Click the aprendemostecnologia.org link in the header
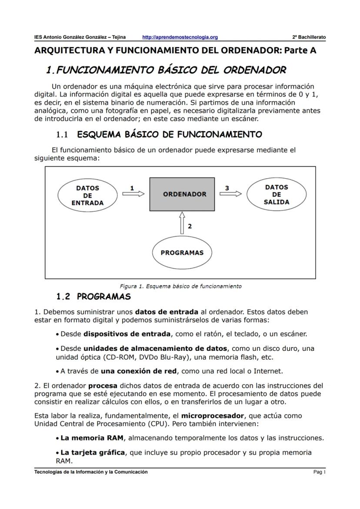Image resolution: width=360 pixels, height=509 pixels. tap(180, 37)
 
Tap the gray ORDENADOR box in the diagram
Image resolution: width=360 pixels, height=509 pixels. tap(184, 194)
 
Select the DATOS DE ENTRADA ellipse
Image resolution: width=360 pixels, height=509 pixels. tap(87, 195)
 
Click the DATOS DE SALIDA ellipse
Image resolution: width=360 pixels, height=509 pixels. tap(277, 194)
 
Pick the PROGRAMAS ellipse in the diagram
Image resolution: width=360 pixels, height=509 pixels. tap(182, 253)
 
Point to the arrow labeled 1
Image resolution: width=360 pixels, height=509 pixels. tap(133, 194)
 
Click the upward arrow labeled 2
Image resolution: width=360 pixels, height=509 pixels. tap(182, 224)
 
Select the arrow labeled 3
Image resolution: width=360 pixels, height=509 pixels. tap(230, 194)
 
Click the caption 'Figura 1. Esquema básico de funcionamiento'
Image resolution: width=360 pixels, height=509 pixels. tap(180, 286)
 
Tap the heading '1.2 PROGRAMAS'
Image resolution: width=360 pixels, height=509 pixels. tap(93, 297)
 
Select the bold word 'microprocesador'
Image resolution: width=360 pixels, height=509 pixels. tap(209, 416)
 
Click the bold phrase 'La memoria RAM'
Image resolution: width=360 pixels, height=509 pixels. tap(92, 438)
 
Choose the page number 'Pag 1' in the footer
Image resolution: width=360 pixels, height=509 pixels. tap(319, 472)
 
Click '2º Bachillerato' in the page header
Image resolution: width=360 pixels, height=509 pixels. tap(309, 37)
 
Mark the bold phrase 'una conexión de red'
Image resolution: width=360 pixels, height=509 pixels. tap(139, 371)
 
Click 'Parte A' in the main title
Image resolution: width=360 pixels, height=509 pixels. tap(300, 50)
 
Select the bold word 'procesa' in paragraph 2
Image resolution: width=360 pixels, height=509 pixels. tap(103, 386)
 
